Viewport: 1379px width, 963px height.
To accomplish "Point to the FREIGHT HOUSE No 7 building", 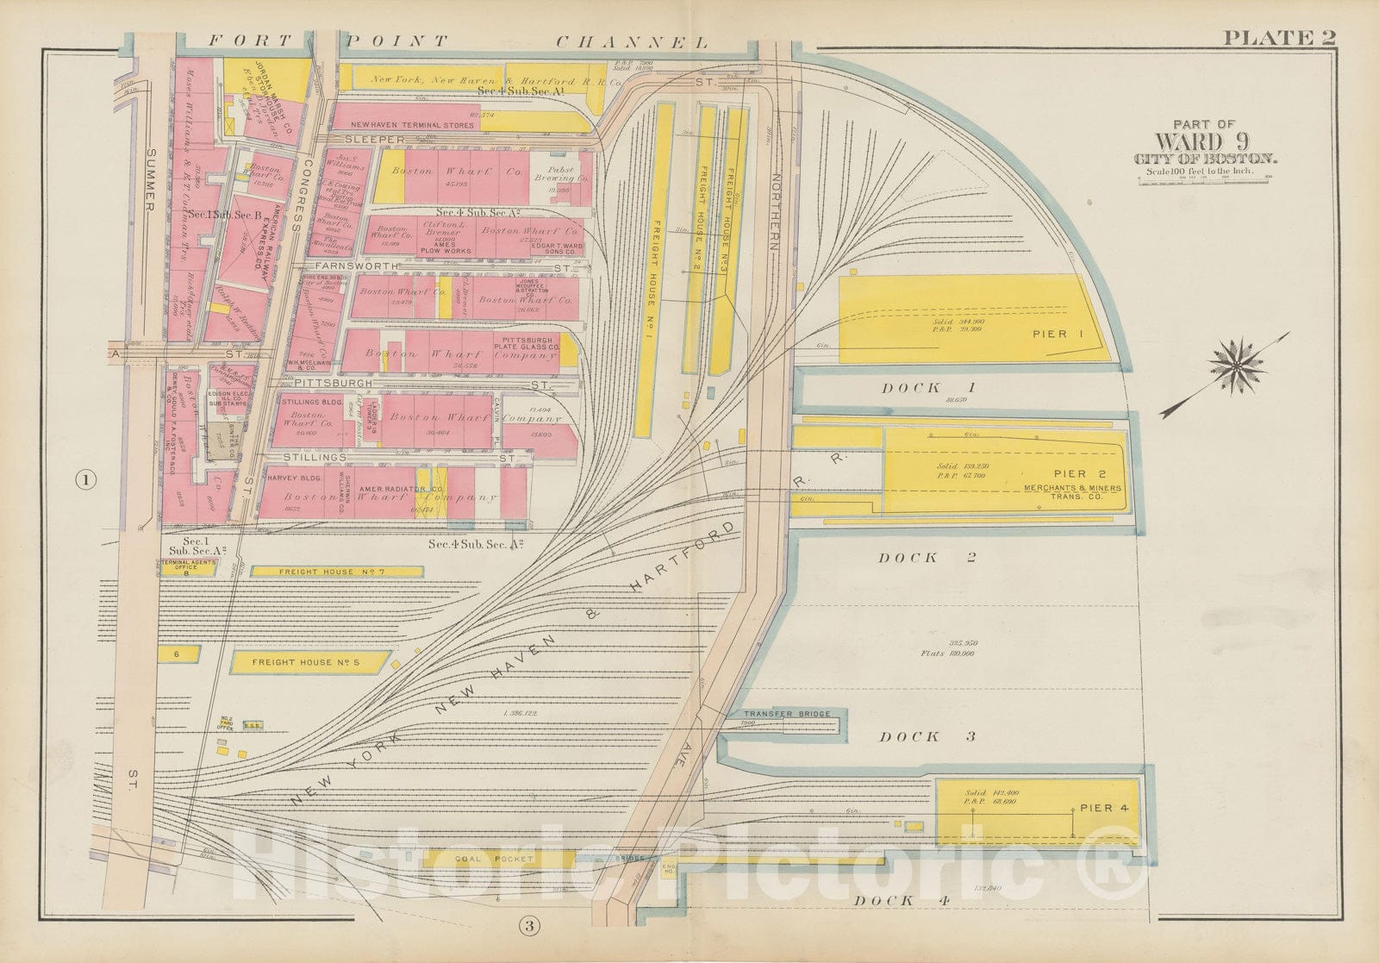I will click(x=336, y=572).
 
